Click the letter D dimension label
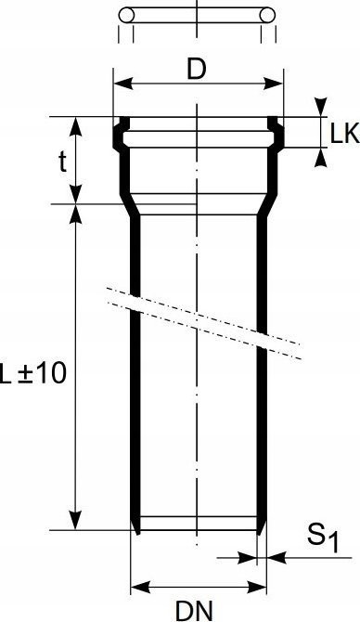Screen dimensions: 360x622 [197, 70]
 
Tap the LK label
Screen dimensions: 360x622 [345, 134]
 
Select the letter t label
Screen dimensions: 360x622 [63, 162]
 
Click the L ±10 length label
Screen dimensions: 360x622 [32, 373]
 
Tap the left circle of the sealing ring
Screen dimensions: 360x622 [126, 16]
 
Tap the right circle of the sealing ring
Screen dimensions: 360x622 [267, 16]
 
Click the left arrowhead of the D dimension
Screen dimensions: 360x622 [122, 84]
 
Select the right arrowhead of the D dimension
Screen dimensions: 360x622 [274, 84]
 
